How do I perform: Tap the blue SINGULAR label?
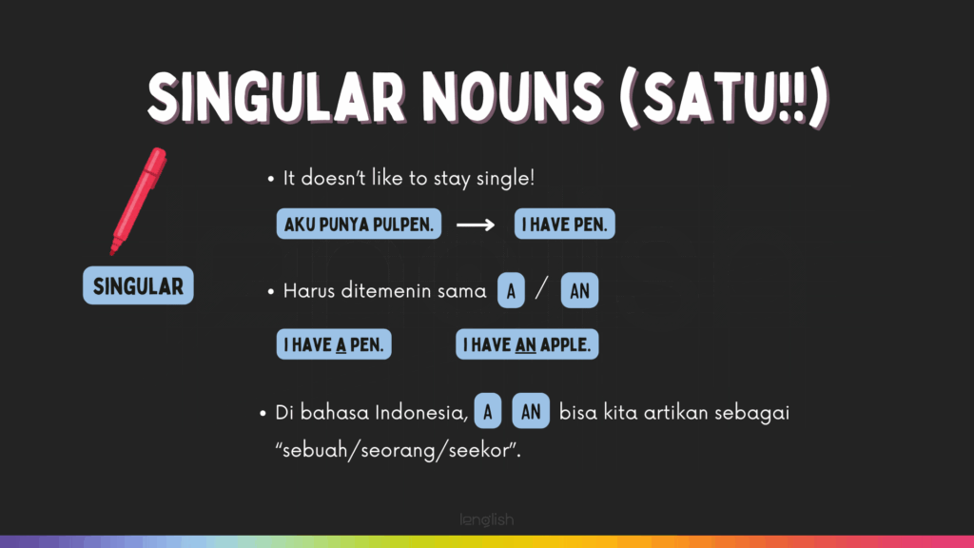click(x=138, y=285)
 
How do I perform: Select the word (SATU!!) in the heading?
click(x=724, y=98)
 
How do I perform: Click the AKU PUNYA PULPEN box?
click(x=359, y=224)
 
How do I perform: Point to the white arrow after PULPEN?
click(x=476, y=225)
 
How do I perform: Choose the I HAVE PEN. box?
click(x=565, y=224)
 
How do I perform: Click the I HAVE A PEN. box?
click(x=334, y=344)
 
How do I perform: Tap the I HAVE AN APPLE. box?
click(x=527, y=344)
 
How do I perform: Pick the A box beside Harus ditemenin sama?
click(x=511, y=290)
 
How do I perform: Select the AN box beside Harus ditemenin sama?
click(x=579, y=290)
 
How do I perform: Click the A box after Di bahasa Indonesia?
click(x=488, y=411)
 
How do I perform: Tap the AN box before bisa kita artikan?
click(x=531, y=411)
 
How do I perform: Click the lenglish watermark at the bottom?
click(x=487, y=519)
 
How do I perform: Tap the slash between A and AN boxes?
click(x=542, y=289)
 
